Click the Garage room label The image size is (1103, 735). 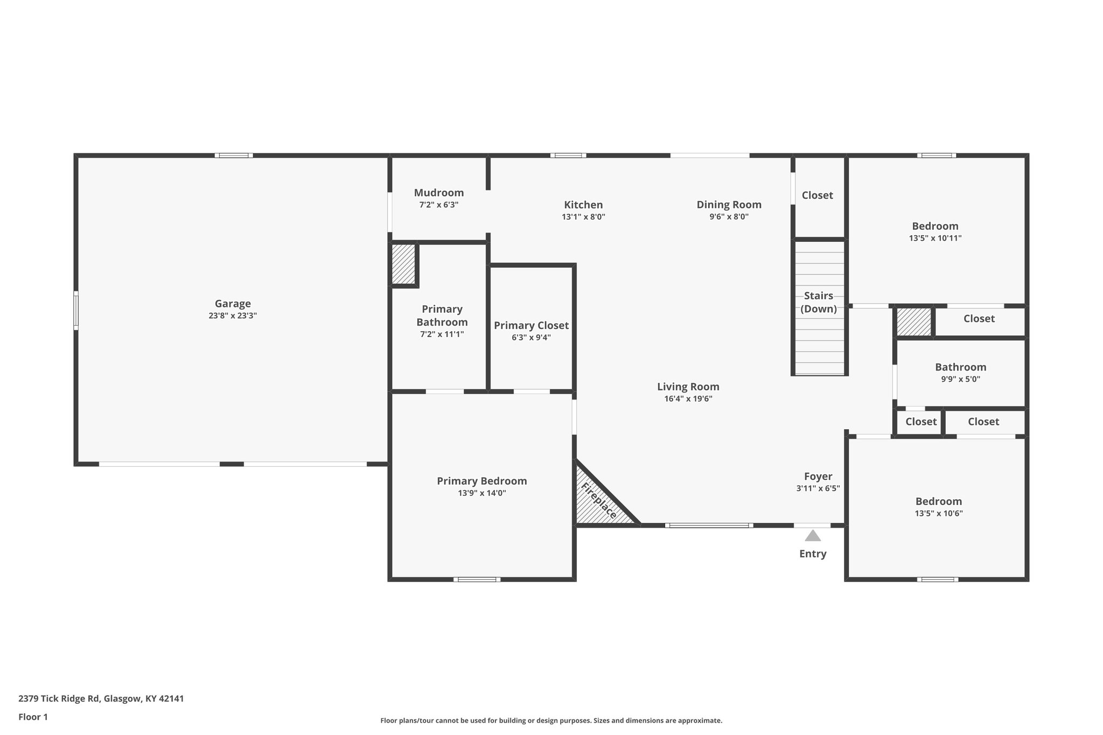pyautogui.click(x=233, y=304)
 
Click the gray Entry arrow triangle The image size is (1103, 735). pyautogui.click(x=813, y=536)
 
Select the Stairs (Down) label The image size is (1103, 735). pyautogui.click(x=819, y=302)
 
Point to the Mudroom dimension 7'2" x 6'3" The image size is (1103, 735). pyautogui.click(x=439, y=205)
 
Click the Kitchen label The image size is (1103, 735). pyautogui.click(x=583, y=205)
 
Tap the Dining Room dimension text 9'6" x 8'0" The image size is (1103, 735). pyautogui.click(x=729, y=217)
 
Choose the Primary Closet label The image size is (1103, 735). pyautogui.click(x=531, y=325)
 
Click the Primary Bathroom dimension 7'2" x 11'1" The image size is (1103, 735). pyautogui.click(x=442, y=334)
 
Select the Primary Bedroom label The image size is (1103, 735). pyautogui.click(x=481, y=481)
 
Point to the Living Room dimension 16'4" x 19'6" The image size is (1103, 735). pyautogui.click(x=688, y=399)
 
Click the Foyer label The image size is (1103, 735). pyautogui.click(x=818, y=476)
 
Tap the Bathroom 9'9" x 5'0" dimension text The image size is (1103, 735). pyautogui.click(x=960, y=379)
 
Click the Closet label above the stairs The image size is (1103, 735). pyautogui.click(x=817, y=195)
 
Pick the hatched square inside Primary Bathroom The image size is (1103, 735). pyautogui.click(x=403, y=264)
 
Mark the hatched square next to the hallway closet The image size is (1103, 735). pyautogui.click(x=914, y=321)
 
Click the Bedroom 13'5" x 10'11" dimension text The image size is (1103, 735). pyautogui.click(x=935, y=238)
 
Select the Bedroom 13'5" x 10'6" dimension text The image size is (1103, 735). pyautogui.click(x=938, y=514)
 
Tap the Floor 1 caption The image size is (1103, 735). pyautogui.click(x=33, y=717)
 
